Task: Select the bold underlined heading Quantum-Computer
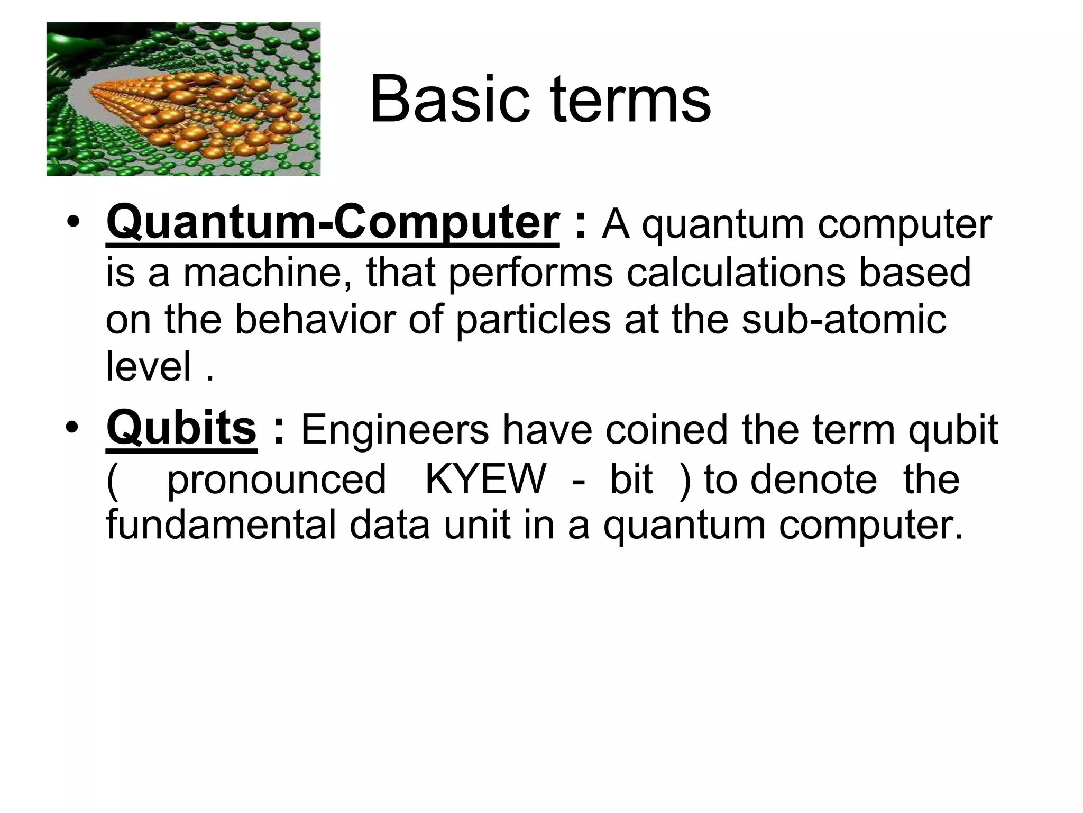pos(332,223)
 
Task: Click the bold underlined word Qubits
pos(181,429)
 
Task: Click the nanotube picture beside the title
pos(183,99)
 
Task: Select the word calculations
pos(735,272)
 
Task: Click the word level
pos(149,366)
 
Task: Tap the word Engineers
pos(395,430)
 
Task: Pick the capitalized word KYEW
pos(484,480)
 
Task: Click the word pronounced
pos(276,480)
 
